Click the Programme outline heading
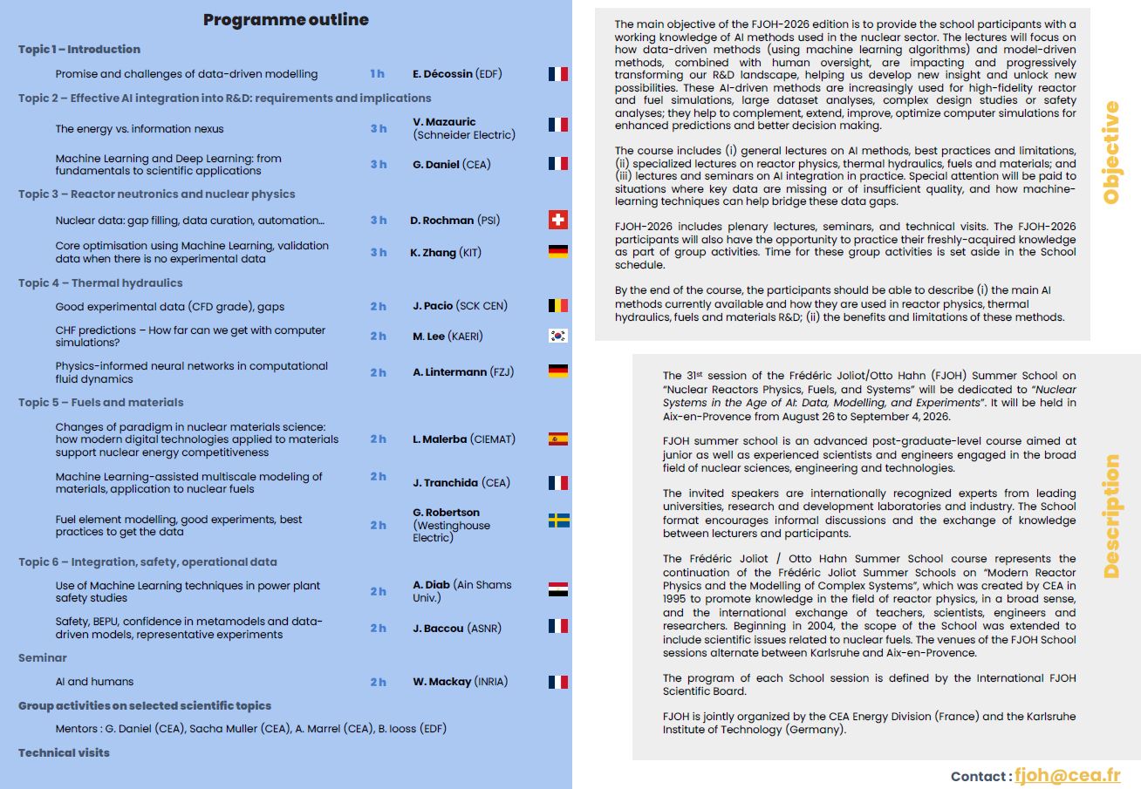pos(286,20)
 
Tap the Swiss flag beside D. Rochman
pos(558,220)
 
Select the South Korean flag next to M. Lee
pos(558,336)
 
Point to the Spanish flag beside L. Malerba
pos(558,439)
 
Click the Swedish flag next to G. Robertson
pos(558,520)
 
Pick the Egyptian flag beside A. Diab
pos(558,590)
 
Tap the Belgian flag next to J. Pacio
pos(558,305)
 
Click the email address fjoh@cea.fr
pos(1067,775)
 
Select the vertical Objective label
pos(1111,153)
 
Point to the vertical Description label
pos(1111,516)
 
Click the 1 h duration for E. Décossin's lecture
pos(377,74)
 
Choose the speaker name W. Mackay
pos(442,682)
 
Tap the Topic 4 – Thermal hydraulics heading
pos(100,282)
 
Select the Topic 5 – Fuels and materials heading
pos(101,402)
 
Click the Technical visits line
pos(65,752)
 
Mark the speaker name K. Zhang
pos(434,253)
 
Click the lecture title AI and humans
pos(94,682)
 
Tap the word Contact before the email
pos(980,776)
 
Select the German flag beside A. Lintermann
pos(558,371)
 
